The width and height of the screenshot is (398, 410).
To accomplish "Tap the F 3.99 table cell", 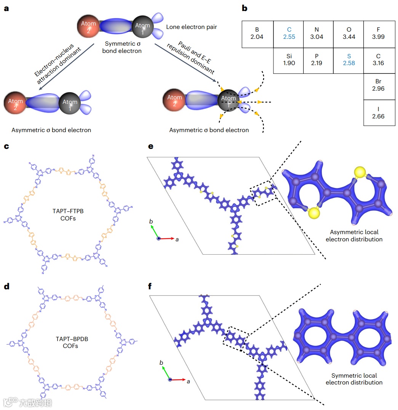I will pos(378,33).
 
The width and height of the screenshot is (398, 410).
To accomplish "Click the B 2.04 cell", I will pos(257,33).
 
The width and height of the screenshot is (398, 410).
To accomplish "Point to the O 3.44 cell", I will pos(348,33).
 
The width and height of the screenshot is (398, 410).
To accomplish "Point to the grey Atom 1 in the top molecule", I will pos(143,27).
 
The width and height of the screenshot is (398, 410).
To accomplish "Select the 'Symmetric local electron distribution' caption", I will pos(354,378).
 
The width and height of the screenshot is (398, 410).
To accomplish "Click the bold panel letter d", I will pos(6,287).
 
